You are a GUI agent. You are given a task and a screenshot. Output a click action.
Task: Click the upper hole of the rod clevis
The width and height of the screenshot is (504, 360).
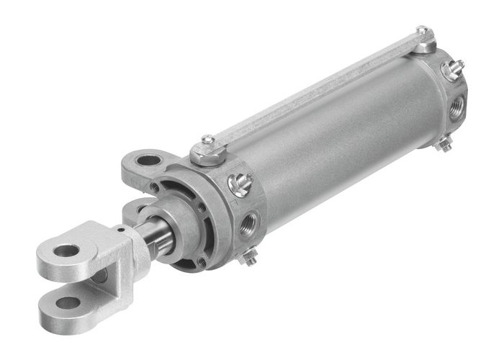pyautogui.click(x=67, y=251)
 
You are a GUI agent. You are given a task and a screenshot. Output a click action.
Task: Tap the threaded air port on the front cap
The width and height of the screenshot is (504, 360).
pyautogui.click(x=249, y=221)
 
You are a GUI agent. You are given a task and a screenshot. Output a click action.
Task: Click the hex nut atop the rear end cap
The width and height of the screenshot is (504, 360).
pyautogui.click(x=425, y=44)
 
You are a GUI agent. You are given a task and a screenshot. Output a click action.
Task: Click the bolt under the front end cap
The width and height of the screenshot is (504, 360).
pyautogui.click(x=250, y=256)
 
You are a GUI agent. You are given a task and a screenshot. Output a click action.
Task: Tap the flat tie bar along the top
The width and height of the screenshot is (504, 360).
pyautogui.click(x=317, y=96)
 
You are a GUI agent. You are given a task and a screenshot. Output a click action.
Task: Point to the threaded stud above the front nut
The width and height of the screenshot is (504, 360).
pyautogui.click(x=207, y=139)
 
